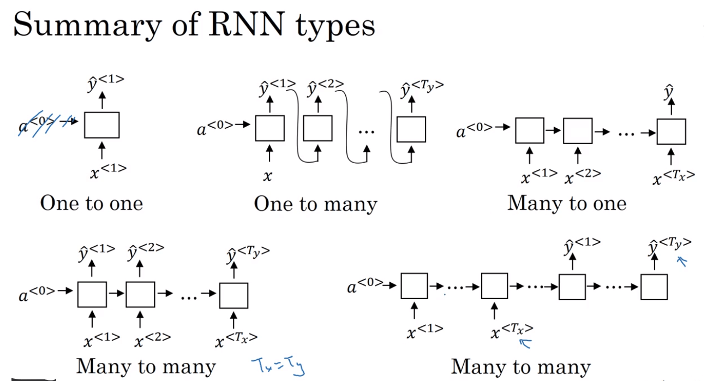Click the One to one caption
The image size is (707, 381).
[92, 204]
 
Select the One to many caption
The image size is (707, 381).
[315, 204]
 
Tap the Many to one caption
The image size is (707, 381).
[567, 204]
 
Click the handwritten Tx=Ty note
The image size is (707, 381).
[277, 365]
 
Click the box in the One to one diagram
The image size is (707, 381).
[101, 125]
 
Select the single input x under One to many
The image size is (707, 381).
[268, 175]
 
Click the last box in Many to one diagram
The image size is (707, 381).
[671, 132]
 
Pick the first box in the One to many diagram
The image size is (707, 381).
[269, 129]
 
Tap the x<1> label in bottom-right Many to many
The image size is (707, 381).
[424, 330]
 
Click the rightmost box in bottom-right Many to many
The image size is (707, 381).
[654, 287]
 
